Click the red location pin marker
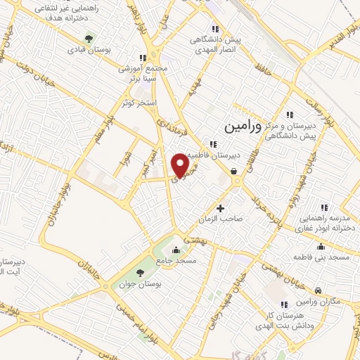(181, 165)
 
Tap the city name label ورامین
(243, 127)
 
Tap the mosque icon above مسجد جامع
(176, 250)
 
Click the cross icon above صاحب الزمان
(221, 208)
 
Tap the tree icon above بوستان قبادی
(88, 39)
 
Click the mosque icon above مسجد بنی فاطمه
(321, 246)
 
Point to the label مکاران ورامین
(319, 301)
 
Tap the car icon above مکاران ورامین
(319, 290)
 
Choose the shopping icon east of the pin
(233, 171)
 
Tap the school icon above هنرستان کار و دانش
(284, 304)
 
